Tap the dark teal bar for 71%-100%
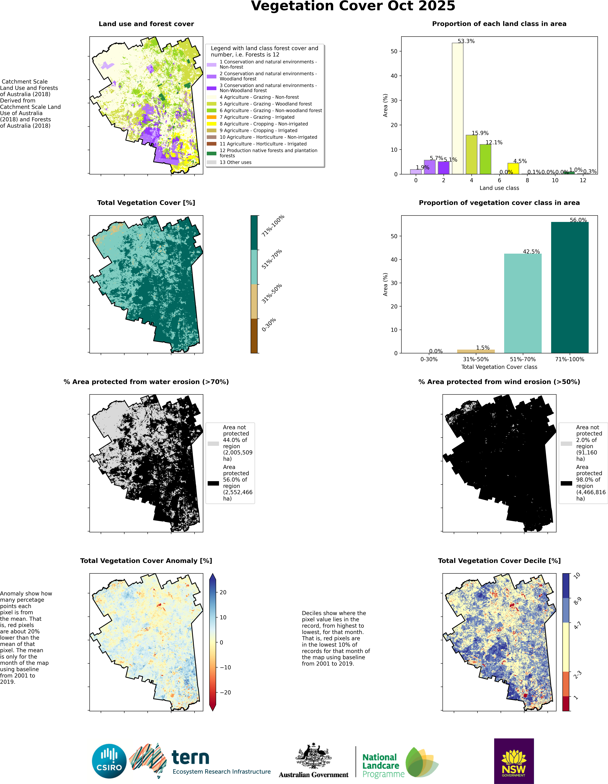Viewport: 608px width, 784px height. (x=570, y=287)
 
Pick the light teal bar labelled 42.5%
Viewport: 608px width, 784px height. (x=523, y=303)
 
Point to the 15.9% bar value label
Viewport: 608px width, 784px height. (x=480, y=133)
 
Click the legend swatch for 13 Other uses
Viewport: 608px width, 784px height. (x=212, y=162)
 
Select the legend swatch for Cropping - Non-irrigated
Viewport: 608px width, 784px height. (x=212, y=124)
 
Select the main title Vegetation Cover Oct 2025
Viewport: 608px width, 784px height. (x=353, y=6)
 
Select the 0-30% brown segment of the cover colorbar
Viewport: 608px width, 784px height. (x=254, y=336)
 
